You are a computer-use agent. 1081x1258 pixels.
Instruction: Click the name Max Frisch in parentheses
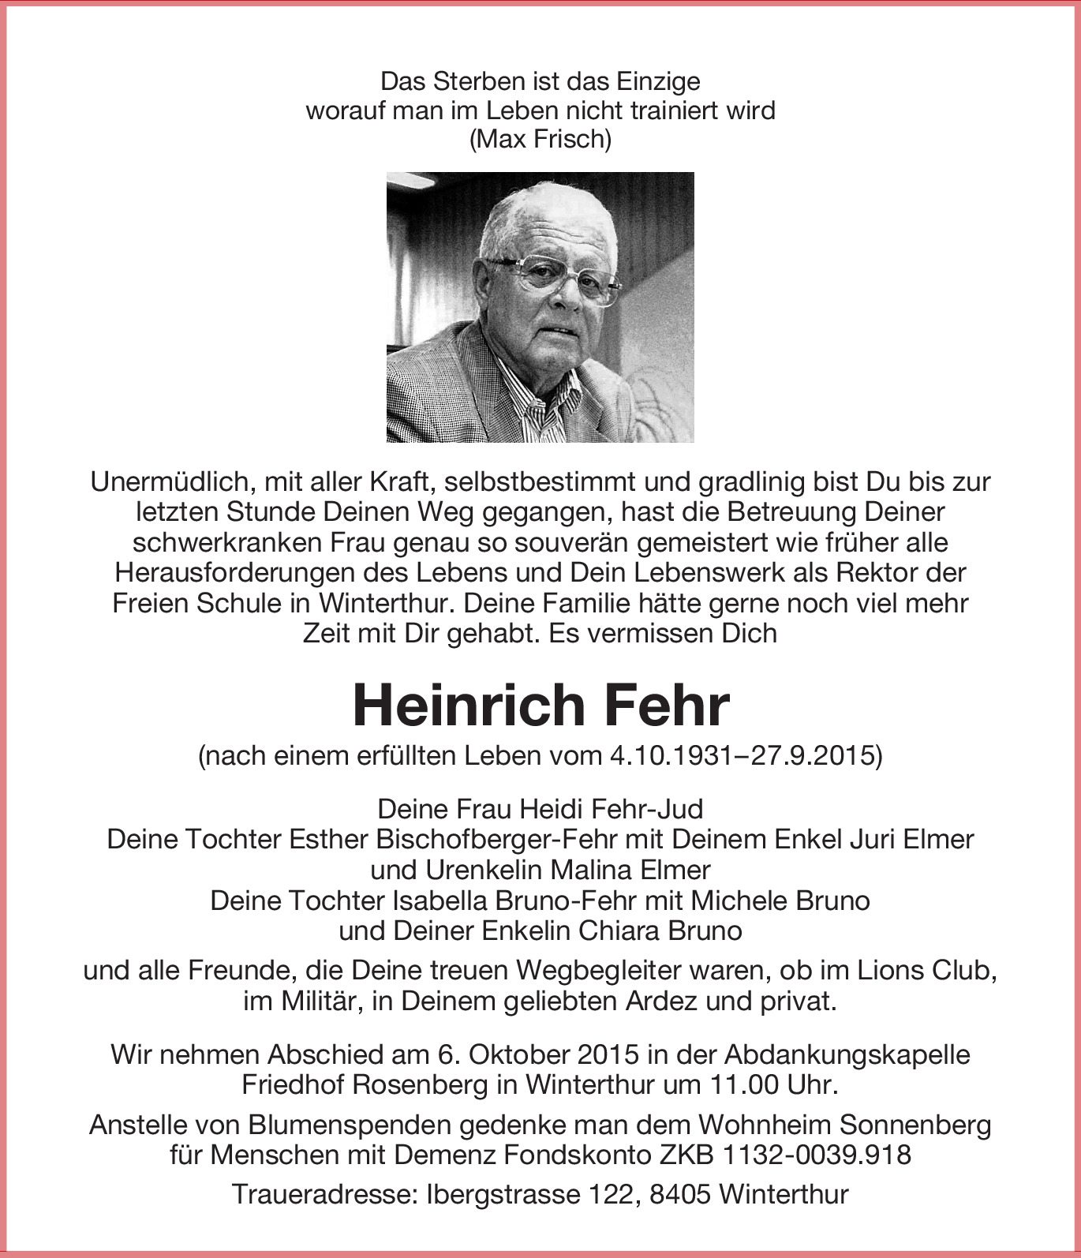click(540, 140)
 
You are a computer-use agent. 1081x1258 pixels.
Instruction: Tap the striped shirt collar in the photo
click(544, 406)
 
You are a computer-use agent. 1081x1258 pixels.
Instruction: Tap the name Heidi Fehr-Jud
click(609, 809)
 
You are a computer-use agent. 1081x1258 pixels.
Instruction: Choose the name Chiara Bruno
click(660, 930)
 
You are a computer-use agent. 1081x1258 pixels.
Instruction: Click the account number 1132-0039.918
click(817, 1155)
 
